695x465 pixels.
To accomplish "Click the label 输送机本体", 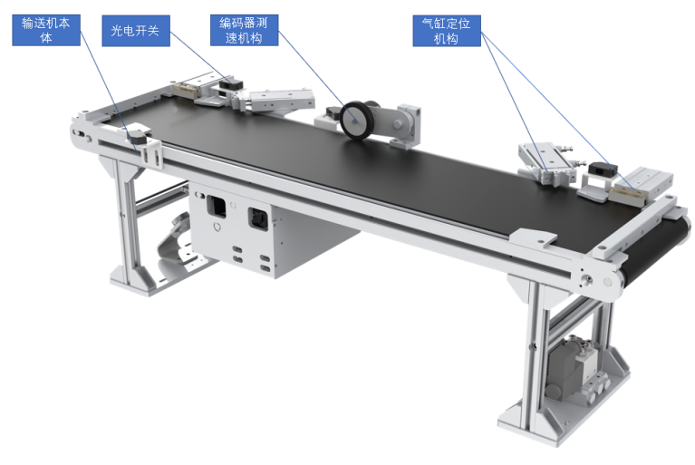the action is [x=46, y=30].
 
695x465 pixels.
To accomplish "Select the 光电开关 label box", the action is [x=136, y=31].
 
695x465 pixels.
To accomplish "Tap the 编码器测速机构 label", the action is [x=245, y=30].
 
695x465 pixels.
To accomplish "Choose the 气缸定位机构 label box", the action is [x=447, y=31].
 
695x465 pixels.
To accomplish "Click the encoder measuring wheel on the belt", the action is [x=356, y=121].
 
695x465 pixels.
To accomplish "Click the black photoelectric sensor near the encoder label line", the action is [x=232, y=82].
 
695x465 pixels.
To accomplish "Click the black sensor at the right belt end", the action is [x=603, y=170].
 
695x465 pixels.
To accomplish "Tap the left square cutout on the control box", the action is [x=217, y=206].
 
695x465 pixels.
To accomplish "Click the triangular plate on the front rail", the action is [x=532, y=238].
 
